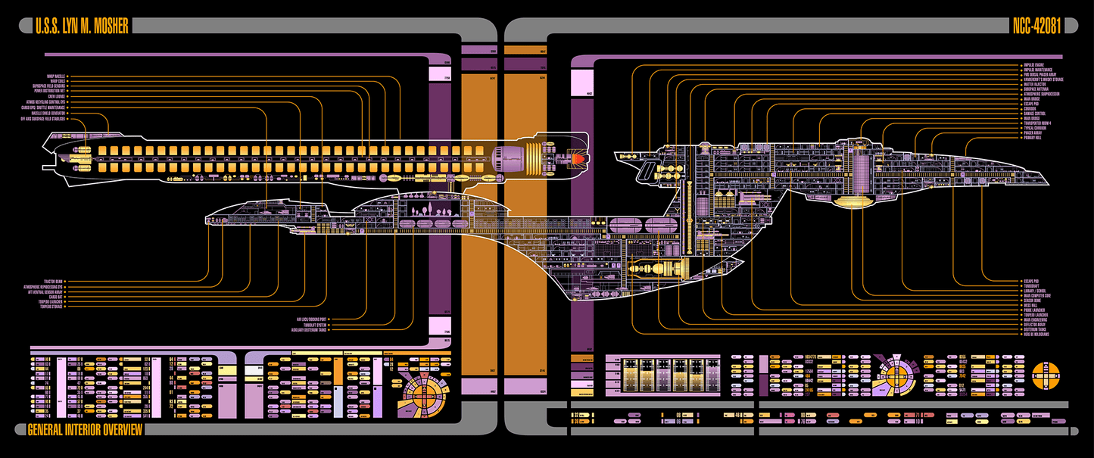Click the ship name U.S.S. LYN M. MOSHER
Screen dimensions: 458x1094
(x=81, y=26)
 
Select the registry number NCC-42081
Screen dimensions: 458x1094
(x=1036, y=26)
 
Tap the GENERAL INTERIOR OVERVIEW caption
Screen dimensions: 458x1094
(x=84, y=430)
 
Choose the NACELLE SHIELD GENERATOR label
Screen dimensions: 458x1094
(x=48, y=114)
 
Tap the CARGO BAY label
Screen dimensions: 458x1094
(x=56, y=297)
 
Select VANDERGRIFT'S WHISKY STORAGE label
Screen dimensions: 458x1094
(x=1044, y=79)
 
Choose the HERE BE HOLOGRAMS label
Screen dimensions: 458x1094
(x=1039, y=335)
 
